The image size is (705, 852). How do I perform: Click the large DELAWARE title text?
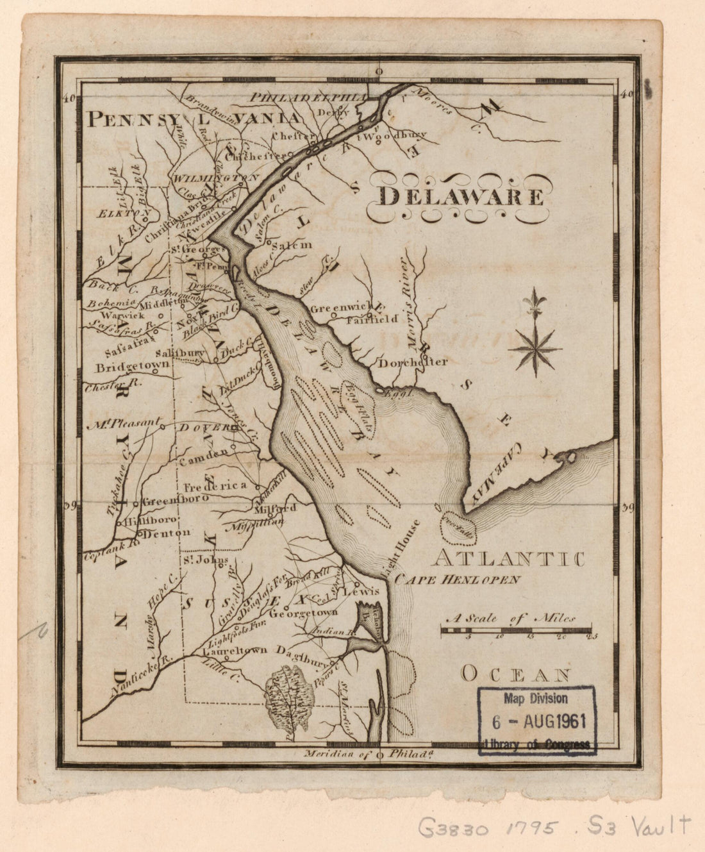click(460, 196)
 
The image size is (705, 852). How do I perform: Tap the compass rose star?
click(535, 349)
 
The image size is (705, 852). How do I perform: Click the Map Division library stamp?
click(537, 721)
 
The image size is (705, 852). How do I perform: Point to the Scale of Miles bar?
click(516, 631)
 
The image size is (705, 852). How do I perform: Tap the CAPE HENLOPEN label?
click(458, 580)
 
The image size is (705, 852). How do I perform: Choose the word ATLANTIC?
click(507, 559)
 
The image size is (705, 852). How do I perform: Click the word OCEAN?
click(516, 674)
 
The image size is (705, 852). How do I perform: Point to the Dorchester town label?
click(413, 362)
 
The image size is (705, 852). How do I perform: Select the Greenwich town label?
click(338, 308)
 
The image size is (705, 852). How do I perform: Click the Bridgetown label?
click(133, 368)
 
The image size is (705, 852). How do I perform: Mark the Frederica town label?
click(215, 486)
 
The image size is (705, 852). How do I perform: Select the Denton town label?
click(167, 533)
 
